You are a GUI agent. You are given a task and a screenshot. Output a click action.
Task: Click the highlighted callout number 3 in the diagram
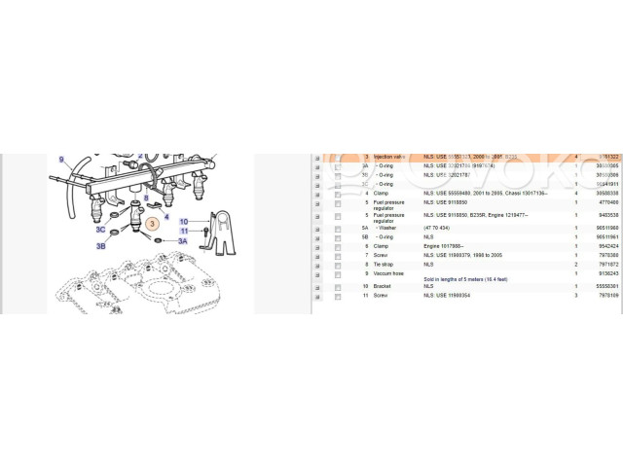[151, 224]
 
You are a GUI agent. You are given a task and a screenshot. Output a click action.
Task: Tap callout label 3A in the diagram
[182, 239]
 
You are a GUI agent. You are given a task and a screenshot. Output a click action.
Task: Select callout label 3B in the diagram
[100, 246]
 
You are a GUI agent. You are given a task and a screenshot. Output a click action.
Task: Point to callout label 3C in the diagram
[100, 231]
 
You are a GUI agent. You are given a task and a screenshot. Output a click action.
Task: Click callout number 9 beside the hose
[60, 159]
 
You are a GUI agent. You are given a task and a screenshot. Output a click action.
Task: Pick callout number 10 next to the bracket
[183, 221]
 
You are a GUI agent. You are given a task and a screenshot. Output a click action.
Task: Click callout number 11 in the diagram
[183, 230]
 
